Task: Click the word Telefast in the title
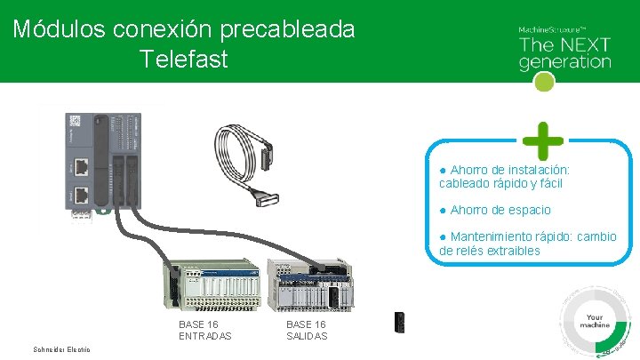click(184, 60)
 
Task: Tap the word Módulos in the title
click(59, 29)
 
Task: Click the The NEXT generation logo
click(564, 50)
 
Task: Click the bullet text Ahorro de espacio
click(500, 210)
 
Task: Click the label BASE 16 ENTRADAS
click(205, 330)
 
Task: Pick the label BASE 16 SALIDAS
click(307, 330)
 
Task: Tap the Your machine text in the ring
click(596, 321)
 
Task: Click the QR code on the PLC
click(76, 122)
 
